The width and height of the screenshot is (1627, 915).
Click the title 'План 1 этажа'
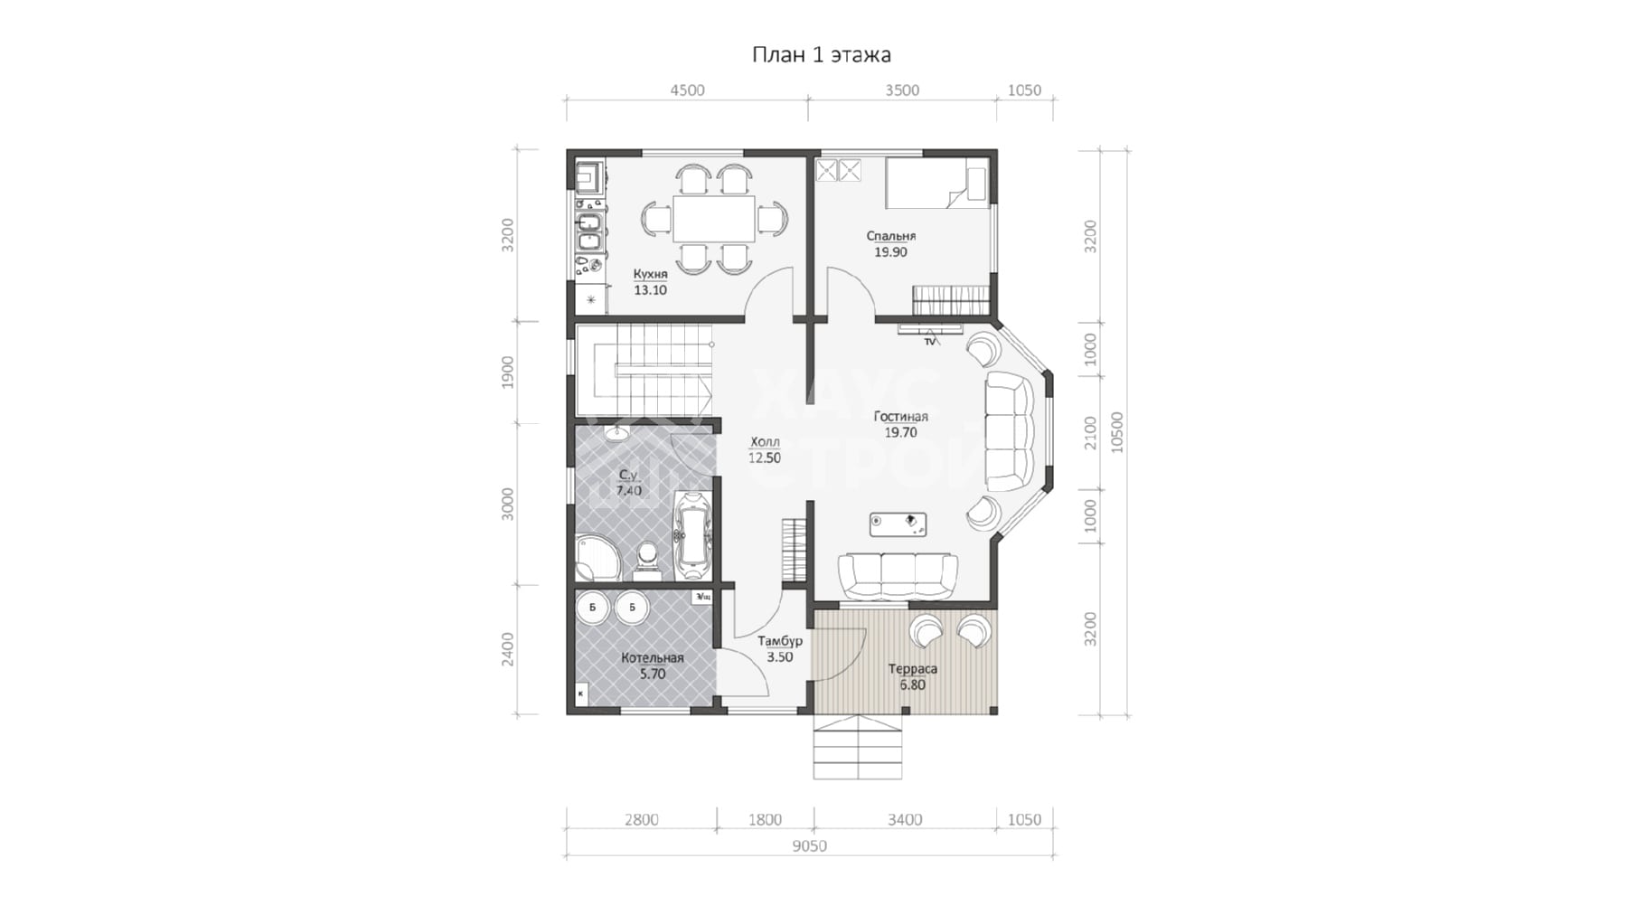tap(822, 55)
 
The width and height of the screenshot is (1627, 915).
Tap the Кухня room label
tap(651, 274)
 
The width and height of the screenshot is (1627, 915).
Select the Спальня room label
tap(891, 236)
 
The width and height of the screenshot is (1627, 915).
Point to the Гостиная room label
tap(901, 417)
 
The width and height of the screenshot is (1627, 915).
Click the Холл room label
tap(765, 442)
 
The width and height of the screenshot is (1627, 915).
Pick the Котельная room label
tap(653, 658)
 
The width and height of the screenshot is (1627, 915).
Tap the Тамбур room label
tap(780, 641)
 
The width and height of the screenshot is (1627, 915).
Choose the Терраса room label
tap(913, 669)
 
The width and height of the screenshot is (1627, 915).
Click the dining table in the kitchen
tap(713, 219)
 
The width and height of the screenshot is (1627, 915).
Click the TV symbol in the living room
tap(930, 341)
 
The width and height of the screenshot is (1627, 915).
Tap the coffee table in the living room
tap(898, 524)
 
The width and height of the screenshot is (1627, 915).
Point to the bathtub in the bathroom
tap(693, 535)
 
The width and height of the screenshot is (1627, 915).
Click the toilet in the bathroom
tap(646, 558)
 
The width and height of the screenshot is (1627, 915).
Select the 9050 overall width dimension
tap(810, 846)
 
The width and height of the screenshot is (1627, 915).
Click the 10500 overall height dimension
tap(1117, 432)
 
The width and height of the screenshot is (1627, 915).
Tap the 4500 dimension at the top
tap(687, 90)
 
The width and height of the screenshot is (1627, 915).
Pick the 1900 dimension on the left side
tap(508, 373)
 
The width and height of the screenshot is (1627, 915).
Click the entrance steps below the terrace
tap(858, 747)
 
